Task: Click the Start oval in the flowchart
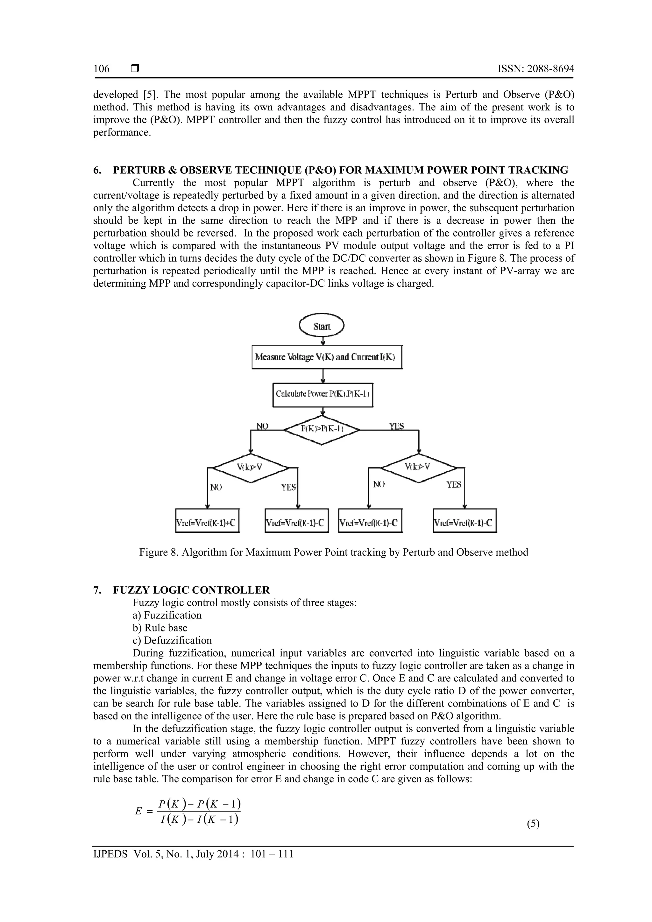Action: (322, 326)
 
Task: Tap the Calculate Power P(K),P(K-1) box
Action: (322, 394)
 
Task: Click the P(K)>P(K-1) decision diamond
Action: (322, 429)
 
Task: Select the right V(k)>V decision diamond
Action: (418, 468)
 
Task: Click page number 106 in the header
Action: (101, 69)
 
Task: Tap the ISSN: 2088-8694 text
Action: (535, 69)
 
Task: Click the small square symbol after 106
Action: (135, 69)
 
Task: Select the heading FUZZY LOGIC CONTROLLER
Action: (191, 590)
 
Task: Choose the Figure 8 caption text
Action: (333, 552)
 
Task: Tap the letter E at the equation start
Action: (138, 811)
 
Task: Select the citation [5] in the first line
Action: (150, 95)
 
